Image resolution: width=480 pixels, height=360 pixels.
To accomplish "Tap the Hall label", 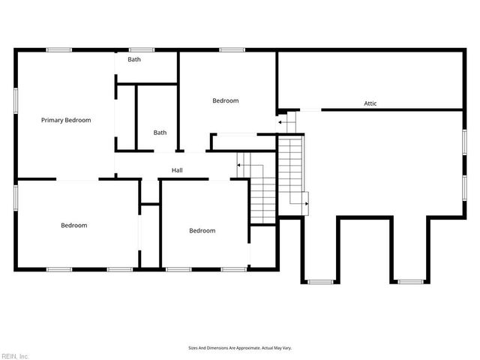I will pos(177,170).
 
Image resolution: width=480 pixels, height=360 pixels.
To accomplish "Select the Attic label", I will pos(370,103).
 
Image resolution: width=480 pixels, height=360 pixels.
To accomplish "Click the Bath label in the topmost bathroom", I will pos(134,59).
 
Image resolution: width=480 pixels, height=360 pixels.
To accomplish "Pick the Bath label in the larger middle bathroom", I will pos(160,133).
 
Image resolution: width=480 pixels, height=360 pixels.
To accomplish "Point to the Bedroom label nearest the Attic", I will pos(225,101).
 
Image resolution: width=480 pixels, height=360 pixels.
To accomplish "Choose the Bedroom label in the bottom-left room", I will pos(73,225).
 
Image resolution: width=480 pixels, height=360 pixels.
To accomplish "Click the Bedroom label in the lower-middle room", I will pos(202,231).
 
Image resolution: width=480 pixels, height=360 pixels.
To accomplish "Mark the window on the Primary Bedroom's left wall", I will pos(16,100).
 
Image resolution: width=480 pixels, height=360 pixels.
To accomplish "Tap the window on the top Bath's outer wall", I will pos(141,50).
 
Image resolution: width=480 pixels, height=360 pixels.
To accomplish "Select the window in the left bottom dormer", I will pos(321,282).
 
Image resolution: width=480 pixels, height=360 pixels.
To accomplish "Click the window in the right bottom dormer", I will pos(409,282).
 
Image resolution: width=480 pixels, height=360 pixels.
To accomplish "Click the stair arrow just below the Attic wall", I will pos(281,120).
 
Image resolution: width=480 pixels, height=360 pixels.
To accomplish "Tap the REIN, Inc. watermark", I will pos(15,355).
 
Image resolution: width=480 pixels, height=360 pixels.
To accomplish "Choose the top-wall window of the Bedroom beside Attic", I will pos(232,50).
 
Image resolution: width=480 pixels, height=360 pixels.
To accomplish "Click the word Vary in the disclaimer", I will pos(286,348).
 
